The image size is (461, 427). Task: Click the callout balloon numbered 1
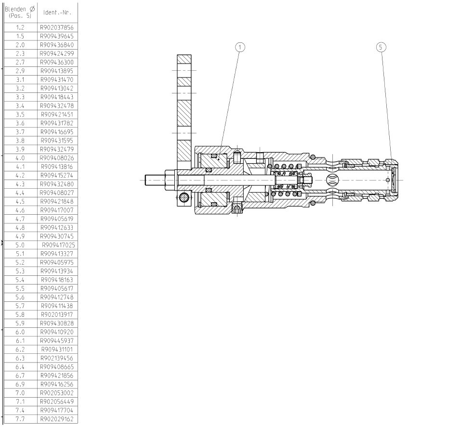240,47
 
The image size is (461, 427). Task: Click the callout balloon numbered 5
381,47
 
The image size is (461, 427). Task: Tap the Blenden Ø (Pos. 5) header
20,13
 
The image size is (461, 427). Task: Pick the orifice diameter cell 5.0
20,245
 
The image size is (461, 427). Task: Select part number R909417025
58,245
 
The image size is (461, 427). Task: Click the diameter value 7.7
20,419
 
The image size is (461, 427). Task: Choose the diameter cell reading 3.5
20,115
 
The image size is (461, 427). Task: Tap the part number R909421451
57,115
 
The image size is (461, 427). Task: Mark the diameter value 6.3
20,358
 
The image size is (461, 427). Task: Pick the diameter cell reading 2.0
20,45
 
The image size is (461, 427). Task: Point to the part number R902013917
57,314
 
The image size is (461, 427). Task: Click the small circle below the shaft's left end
183,197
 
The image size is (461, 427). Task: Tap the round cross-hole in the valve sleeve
332,180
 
